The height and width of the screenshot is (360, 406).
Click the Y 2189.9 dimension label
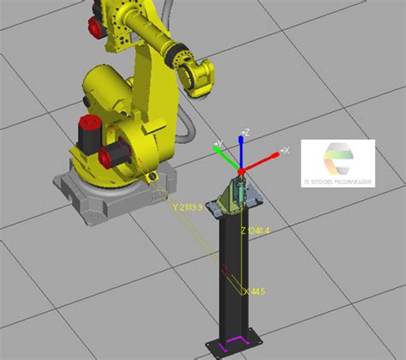[187, 207]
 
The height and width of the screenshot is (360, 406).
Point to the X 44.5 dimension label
[254, 291]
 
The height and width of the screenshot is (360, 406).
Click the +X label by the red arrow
[285, 150]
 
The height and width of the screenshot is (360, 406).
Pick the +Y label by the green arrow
[218, 143]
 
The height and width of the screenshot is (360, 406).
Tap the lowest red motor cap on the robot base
[110, 157]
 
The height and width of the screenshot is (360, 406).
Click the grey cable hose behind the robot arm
[184, 129]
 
